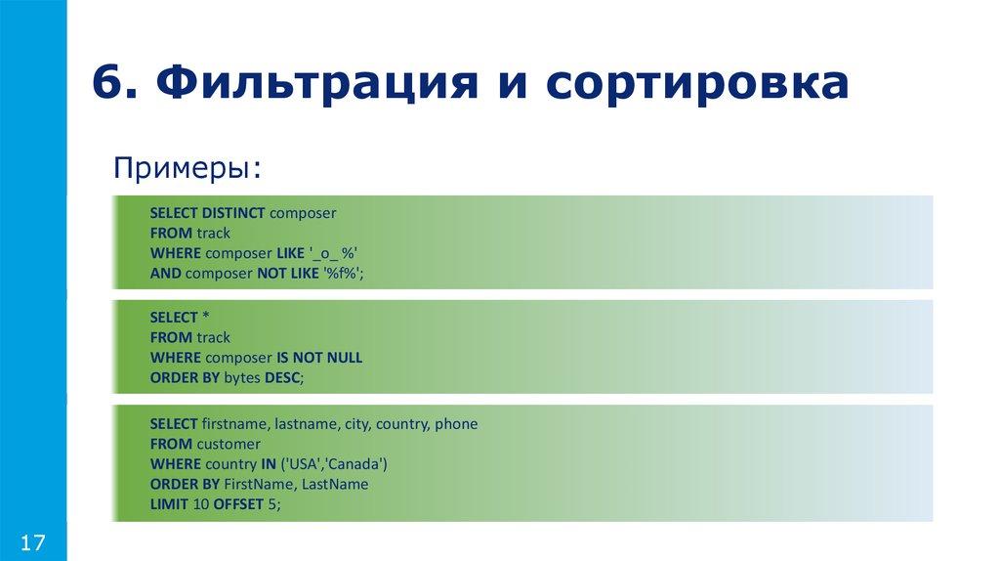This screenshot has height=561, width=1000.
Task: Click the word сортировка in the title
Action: pos(697,83)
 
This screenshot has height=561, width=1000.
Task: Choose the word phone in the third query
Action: pos(456,424)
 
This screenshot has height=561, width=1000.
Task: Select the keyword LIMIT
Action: pos(169,504)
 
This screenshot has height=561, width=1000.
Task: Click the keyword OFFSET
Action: pos(230,504)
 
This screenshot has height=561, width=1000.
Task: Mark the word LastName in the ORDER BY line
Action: pos(335,484)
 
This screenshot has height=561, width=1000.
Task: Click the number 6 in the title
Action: pos(108,83)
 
